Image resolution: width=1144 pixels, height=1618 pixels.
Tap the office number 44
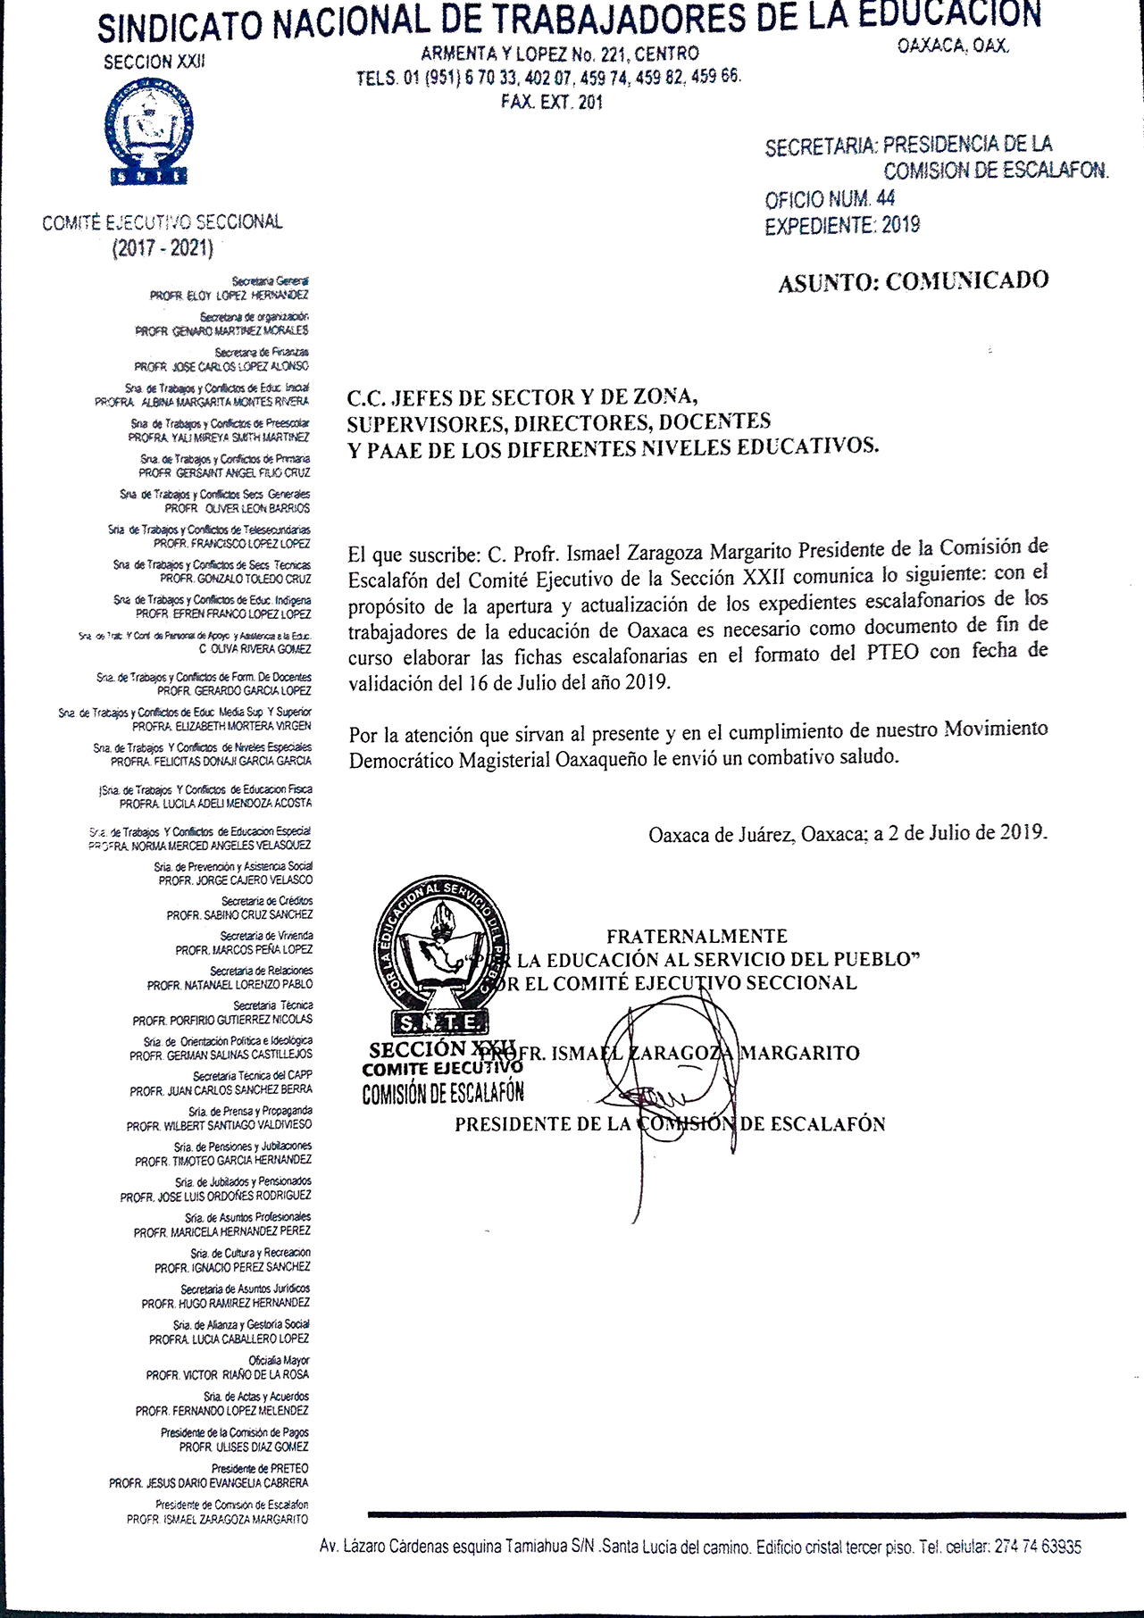point(885,198)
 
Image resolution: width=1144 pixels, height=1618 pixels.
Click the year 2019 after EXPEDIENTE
point(900,225)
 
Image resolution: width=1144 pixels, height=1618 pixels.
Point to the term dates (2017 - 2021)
point(163,249)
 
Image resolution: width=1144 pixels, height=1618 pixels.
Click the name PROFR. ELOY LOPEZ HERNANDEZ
point(229,296)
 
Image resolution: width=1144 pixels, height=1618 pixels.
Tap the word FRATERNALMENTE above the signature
point(697,937)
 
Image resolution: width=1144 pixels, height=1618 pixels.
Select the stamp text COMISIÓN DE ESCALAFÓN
point(443,1093)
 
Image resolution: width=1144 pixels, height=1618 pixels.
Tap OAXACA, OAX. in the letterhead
point(953,46)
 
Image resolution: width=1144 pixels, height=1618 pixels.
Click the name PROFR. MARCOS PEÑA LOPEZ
point(244,950)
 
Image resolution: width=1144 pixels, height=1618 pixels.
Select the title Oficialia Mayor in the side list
point(279,1361)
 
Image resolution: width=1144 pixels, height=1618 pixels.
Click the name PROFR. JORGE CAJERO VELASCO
point(236,880)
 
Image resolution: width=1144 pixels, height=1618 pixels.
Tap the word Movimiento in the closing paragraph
point(996,730)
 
